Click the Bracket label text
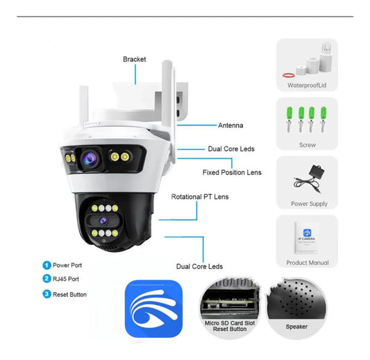[135, 60]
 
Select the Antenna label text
[230, 126]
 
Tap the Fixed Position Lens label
[232, 172]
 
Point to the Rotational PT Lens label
[200, 197]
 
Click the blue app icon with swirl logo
[154, 309]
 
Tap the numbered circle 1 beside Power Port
[47, 265]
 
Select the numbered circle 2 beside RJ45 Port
[47, 280]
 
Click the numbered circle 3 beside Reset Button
[47, 294]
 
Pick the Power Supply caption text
[309, 204]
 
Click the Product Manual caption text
[308, 263]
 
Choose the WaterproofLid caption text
[308, 86]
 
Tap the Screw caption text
[307, 145]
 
